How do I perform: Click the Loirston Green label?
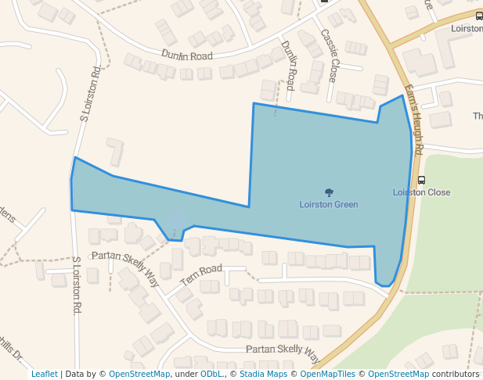[x=328, y=205]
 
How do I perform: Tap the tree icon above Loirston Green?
[x=329, y=192]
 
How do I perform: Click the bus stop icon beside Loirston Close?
[x=422, y=180]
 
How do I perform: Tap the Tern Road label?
[x=201, y=276]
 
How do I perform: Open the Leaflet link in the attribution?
[x=44, y=374]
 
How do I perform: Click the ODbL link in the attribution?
[x=211, y=374]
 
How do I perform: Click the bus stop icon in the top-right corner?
[x=479, y=16]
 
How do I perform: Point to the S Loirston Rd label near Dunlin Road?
[x=88, y=94]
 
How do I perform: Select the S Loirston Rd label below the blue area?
[x=77, y=286]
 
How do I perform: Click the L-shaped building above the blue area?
[x=116, y=151]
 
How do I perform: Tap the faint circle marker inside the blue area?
[x=178, y=222]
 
